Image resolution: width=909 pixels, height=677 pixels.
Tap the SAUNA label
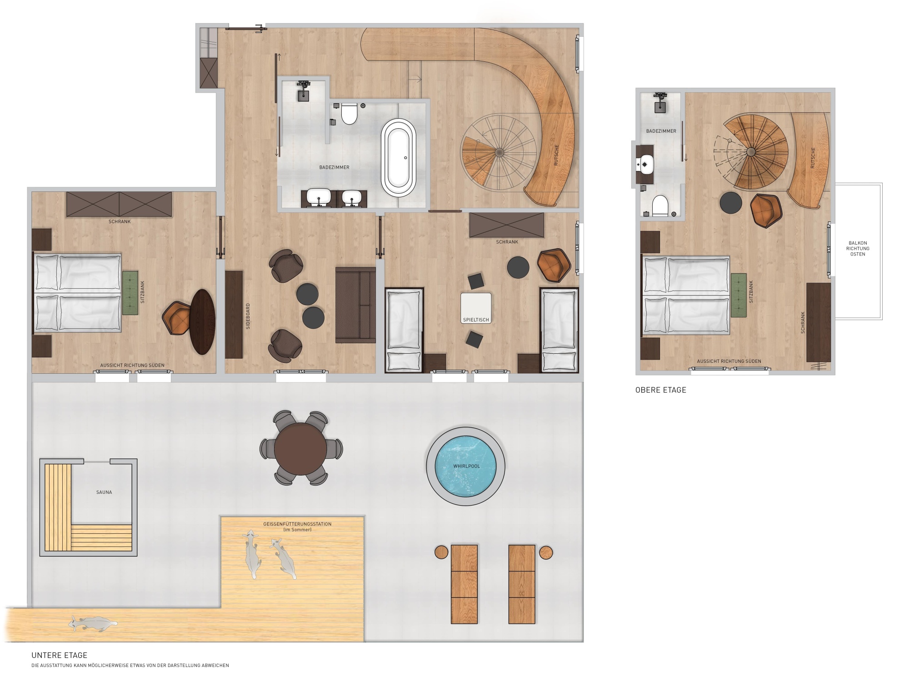[104, 492]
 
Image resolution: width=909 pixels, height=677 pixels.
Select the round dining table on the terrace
[300, 448]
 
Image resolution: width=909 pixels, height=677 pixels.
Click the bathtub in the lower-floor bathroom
[399, 157]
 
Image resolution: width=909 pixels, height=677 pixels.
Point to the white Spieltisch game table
[476, 307]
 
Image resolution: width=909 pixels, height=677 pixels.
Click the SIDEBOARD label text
[248, 316]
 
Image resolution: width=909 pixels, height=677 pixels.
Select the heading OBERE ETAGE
[660, 390]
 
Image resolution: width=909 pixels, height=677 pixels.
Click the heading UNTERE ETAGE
[59, 655]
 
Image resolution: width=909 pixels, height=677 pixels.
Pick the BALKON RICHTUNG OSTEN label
[858, 248]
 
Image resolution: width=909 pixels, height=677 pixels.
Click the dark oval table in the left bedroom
[202, 321]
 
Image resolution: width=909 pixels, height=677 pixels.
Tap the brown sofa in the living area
[355, 305]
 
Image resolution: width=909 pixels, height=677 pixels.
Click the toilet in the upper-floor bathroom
[659, 206]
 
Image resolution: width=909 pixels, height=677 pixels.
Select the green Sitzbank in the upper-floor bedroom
[739, 295]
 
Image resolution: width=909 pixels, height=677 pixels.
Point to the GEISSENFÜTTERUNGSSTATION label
[297, 524]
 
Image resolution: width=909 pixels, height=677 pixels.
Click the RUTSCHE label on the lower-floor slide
[556, 155]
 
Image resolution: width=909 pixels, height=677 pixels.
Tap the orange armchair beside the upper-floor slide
[766, 210]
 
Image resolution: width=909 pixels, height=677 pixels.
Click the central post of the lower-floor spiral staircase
[499, 151]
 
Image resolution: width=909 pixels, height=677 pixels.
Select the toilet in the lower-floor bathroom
[349, 114]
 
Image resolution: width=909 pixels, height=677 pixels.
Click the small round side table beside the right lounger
[545, 552]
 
